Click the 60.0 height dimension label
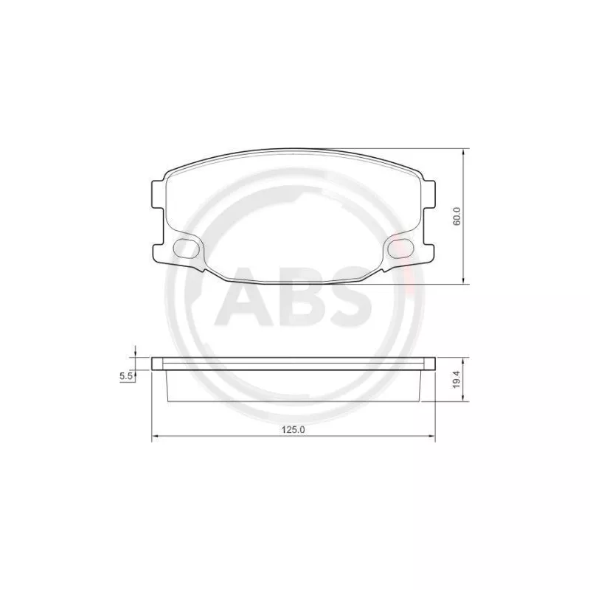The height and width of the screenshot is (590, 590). coord(457,217)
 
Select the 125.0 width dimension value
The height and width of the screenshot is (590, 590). coord(294,430)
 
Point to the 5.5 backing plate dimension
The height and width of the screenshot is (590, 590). coord(125,376)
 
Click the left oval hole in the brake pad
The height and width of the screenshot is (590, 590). coord(187,249)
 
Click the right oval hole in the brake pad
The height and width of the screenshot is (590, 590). coord(400,249)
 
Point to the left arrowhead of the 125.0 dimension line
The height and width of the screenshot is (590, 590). coord(154,440)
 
